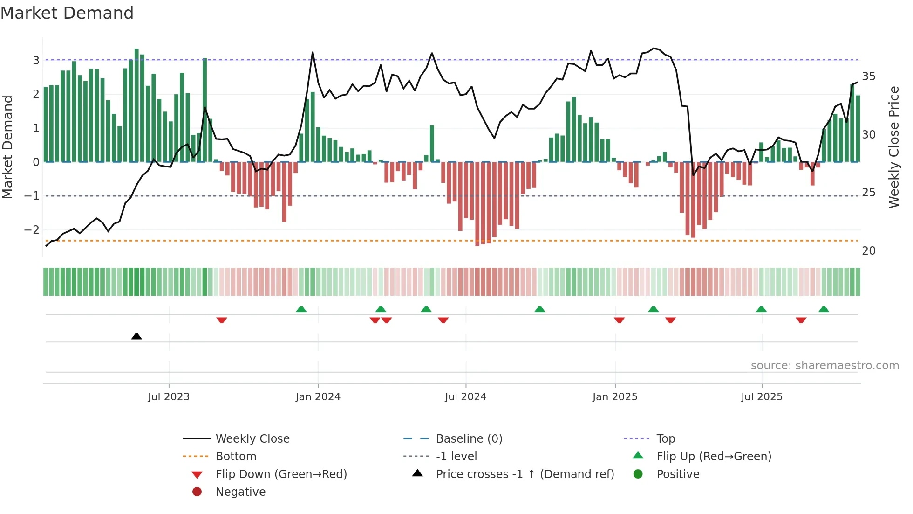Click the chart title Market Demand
[x=67, y=13]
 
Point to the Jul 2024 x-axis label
[x=465, y=396]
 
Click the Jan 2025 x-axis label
[x=614, y=396]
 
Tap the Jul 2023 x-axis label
[x=169, y=396]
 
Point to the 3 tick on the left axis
[x=36, y=60]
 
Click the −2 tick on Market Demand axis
[x=32, y=229]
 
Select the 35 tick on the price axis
[x=868, y=76]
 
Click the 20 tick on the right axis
[x=868, y=250]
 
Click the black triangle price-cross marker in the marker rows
[x=136, y=336]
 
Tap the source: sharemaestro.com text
[x=824, y=365]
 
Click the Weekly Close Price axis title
[x=893, y=147]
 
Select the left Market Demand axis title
[x=7, y=147]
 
